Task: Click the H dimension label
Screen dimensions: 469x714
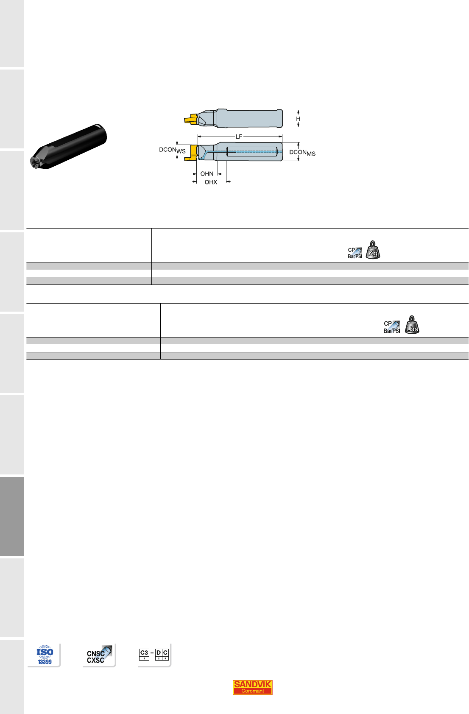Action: coord(298,119)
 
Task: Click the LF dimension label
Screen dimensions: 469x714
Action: coord(239,137)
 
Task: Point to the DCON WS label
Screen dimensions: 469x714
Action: coord(172,150)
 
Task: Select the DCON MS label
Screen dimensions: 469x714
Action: coord(302,153)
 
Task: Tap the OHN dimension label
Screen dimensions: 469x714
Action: coord(207,174)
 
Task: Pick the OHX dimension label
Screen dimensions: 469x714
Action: coord(211,182)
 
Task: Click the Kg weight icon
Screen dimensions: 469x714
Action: coord(373,250)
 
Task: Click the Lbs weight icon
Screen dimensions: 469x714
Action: coord(412,325)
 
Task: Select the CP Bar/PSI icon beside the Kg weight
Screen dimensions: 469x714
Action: coord(355,253)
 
